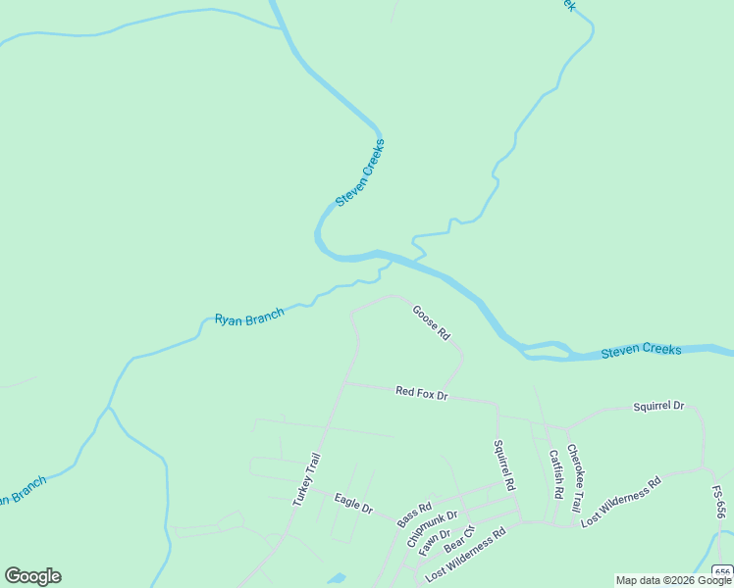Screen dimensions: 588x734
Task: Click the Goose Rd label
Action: point(431,322)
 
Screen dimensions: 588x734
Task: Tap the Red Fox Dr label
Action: point(421,393)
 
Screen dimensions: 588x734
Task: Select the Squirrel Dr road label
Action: point(658,406)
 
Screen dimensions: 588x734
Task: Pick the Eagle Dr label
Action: point(353,504)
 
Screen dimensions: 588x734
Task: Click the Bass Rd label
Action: point(414,515)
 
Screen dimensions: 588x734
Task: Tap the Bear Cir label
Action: point(459,539)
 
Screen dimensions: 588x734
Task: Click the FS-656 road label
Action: point(719,503)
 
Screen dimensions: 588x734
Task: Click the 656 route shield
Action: point(722,572)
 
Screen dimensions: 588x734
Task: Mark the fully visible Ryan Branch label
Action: point(249,318)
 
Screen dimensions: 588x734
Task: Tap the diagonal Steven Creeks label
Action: point(360,172)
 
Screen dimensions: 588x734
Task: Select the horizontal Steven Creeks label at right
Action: point(641,350)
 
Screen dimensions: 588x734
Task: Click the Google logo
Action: point(32,576)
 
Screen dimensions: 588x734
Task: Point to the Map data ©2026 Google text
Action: point(674,580)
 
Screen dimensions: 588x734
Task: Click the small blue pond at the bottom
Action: point(337,579)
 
